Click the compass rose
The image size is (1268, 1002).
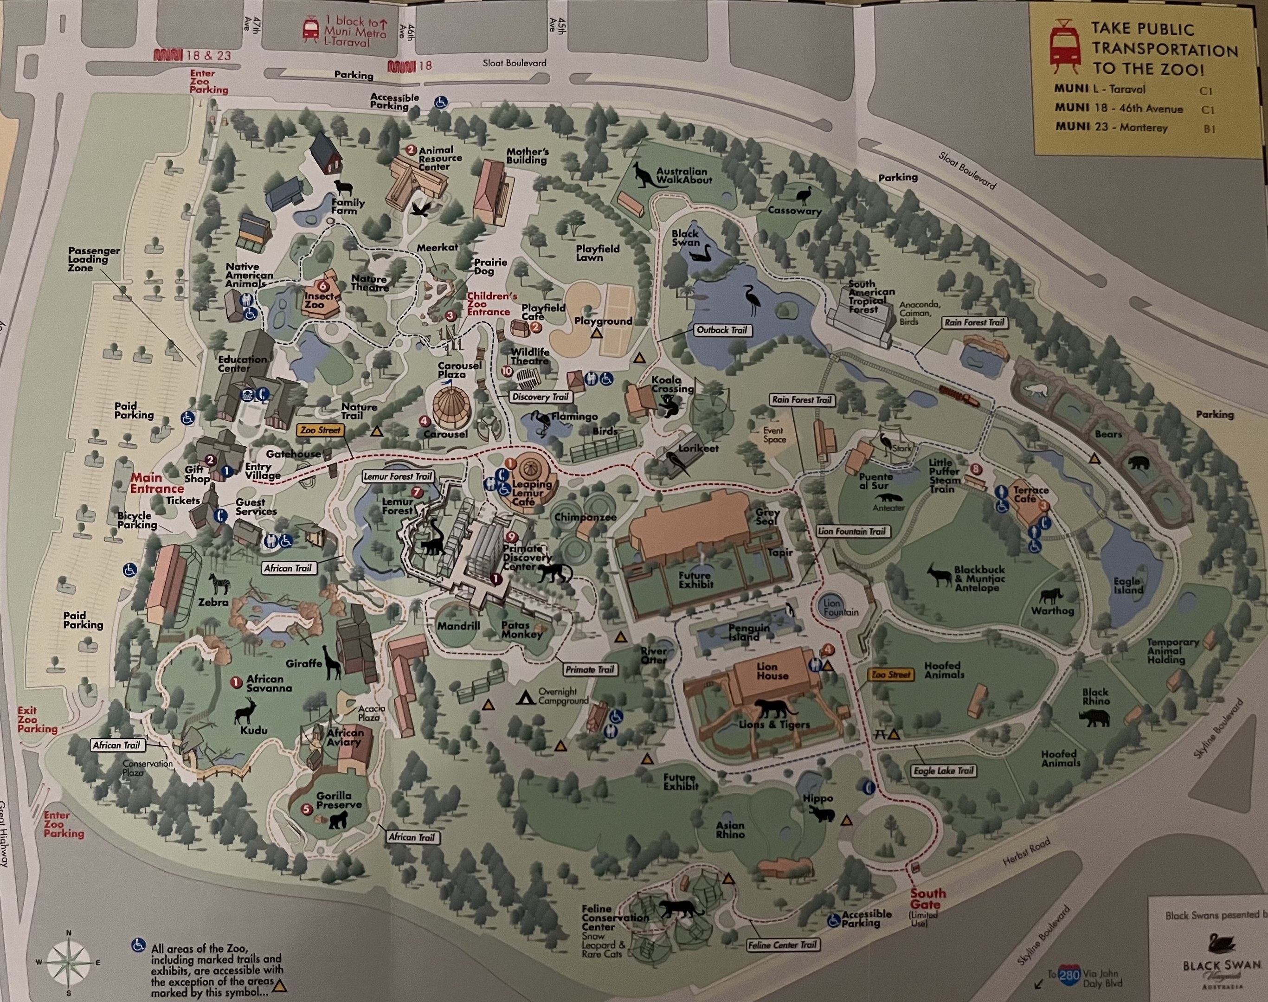pos(69,962)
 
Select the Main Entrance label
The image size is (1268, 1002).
pos(157,483)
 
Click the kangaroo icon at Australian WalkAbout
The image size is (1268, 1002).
pos(645,175)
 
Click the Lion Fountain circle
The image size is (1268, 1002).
pos(832,607)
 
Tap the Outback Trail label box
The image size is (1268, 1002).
pos(722,330)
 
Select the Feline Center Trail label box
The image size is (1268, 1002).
pos(783,945)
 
